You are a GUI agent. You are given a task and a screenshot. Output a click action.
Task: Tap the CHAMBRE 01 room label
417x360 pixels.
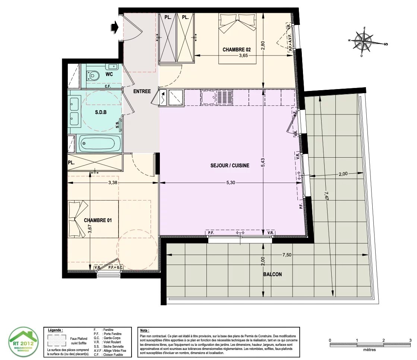[x=98, y=220]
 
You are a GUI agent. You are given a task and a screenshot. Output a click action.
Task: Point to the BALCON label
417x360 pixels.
[x=272, y=274]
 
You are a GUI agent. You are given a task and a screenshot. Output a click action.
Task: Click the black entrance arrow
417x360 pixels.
[x=114, y=27]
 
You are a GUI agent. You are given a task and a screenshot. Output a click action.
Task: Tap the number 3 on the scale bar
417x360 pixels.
[x=410, y=340]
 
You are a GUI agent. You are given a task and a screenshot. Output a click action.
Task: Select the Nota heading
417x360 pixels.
[x=144, y=331]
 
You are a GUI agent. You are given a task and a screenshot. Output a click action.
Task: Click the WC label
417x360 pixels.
[x=109, y=74]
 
